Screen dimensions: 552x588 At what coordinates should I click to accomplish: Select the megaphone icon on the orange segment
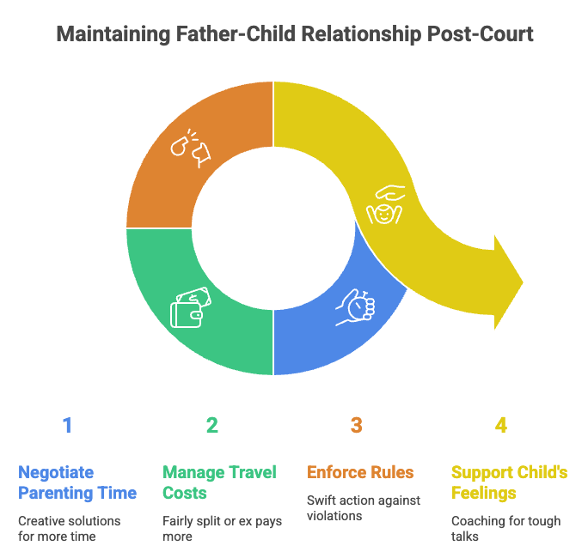coord(191,147)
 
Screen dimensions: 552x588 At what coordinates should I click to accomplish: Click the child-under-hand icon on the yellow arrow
coord(384,204)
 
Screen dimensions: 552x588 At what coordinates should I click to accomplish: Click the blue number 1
coord(67,425)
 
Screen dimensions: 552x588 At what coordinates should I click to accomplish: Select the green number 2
coord(212,425)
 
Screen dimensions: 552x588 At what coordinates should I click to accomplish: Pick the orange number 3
coord(357,425)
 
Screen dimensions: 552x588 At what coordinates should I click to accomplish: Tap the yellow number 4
coord(501,425)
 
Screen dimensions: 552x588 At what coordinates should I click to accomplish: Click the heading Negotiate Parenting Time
coord(77,482)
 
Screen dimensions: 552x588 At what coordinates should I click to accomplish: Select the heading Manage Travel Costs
coord(219,482)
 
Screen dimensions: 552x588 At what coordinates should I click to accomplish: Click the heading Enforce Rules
coord(360,472)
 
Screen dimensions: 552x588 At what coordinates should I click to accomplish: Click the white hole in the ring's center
coord(273,228)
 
